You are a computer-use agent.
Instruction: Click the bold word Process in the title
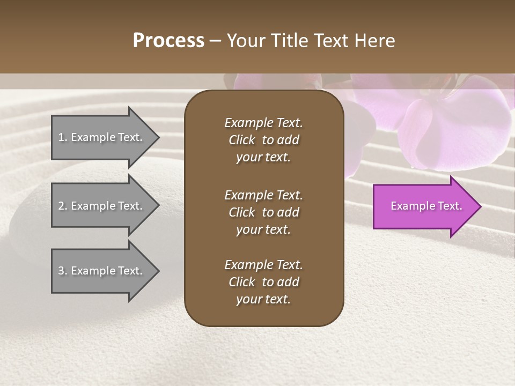point(168,41)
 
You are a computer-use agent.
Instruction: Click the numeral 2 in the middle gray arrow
point(61,206)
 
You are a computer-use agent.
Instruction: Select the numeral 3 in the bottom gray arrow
point(61,271)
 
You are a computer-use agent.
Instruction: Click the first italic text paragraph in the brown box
point(263,140)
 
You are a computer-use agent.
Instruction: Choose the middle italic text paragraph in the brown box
point(263,212)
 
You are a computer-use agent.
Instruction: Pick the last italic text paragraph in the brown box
point(263,282)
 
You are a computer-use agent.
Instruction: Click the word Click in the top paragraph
point(241,140)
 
